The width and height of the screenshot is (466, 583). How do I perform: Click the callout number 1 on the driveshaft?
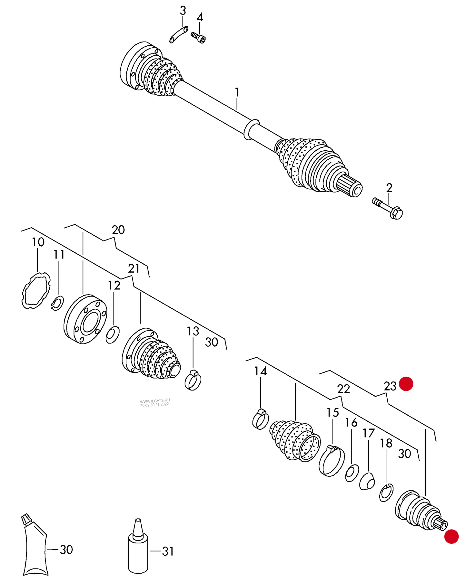pyautogui.click(x=237, y=92)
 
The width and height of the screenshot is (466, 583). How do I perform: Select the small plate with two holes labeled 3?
pyautogui.click(x=179, y=34)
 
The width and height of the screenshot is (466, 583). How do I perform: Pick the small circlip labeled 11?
pyautogui.click(x=57, y=303)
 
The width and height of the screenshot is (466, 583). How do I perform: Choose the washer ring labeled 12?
pyautogui.click(x=113, y=334)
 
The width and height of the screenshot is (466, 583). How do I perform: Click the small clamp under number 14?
pyautogui.click(x=260, y=419)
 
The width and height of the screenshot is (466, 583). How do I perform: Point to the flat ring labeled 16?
pyautogui.click(x=352, y=473)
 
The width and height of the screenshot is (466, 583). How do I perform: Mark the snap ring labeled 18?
pyautogui.click(x=386, y=493)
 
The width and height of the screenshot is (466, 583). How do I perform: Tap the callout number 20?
pyautogui.click(x=118, y=230)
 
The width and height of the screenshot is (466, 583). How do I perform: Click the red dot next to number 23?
pyautogui.click(x=406, y=384)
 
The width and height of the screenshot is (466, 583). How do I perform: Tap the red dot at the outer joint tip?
pyautogui.click(x=451, y=536)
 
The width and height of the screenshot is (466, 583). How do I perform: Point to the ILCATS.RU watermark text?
pyautogui.click(x=155, y=402)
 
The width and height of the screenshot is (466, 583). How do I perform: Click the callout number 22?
pyautogui.click(x=343, y=389)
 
